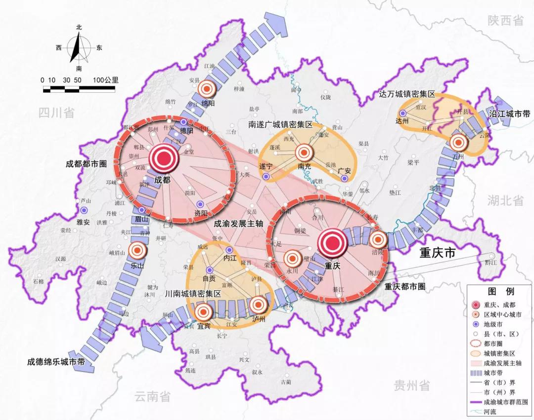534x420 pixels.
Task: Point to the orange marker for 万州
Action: click(x=458, y=143)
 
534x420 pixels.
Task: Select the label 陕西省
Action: click(x=505, y=21)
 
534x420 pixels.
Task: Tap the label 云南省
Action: click(x=152, y=396)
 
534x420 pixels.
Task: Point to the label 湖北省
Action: click(x=505, y=200)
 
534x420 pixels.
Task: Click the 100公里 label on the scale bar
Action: click(x=104, y=80)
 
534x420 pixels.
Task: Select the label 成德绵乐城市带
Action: click(x=56, y=362)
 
